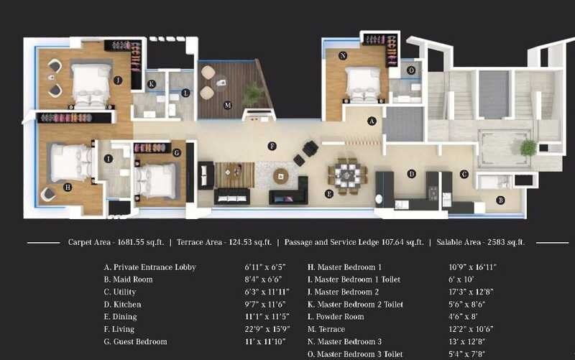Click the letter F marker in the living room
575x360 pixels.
(272, 146)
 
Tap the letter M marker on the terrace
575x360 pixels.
(227, 105)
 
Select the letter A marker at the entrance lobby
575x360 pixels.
(372, 121)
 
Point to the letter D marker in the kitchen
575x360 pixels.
(411, 173)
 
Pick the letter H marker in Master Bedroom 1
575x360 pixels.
(67, 187)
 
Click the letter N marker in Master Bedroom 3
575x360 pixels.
(343, 55)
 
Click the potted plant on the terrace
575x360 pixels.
(253, 91)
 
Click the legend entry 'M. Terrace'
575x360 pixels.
(326, 330)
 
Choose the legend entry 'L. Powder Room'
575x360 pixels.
(336, 317)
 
